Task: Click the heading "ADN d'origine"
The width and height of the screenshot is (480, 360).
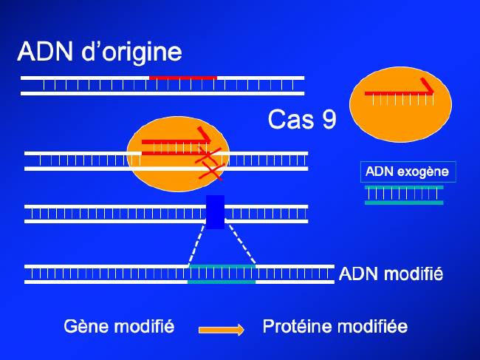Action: click(x=100, y=52)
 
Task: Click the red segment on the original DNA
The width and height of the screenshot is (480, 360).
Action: click(x=183, y=78)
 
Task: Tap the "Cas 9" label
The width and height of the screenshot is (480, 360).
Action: click(x=302, y=119)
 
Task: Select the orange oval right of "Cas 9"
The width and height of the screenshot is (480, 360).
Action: click(x=400, y=104)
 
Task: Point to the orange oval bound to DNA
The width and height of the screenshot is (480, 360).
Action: click(x=178, y=154)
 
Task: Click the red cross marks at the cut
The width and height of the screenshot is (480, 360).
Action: click(x=210, y=163)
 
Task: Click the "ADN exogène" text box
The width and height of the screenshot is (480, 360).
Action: click(x=408, y=171)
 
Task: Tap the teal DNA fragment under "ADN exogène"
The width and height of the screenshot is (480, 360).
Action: click(x=404, y=195)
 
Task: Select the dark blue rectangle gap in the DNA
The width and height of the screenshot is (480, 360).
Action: click(x=215, y=212)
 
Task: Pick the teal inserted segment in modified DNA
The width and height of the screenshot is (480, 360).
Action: click(x=222, y=274)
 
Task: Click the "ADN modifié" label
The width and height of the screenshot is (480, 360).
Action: click(x=391, y=274)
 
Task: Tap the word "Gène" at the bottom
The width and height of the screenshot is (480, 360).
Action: click(x=86, y=326)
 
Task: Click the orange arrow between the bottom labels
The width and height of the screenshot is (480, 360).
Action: click(x=222, y=330)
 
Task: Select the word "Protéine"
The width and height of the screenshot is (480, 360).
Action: click(x=298, y=326)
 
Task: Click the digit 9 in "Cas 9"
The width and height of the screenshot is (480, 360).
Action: click(x=329, y=119)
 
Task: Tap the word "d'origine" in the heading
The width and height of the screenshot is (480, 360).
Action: click(x=131, y=52)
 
